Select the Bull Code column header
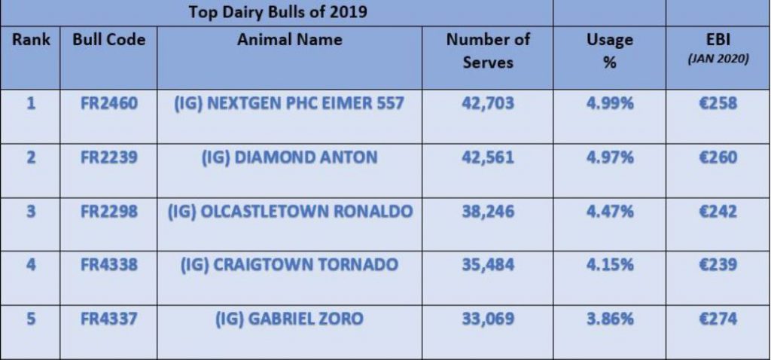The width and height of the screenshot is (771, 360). tap(108, 39)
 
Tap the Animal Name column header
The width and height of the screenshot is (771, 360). tap(289, 39)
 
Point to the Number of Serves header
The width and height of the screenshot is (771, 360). tap(487, 50)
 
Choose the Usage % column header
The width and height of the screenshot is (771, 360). tap(609, 50)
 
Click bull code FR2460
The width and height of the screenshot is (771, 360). tap(108, 103)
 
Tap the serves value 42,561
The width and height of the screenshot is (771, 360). tap(487, 157)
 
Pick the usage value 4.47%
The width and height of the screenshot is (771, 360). tap(609, 212)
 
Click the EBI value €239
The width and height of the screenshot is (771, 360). tap(718, 265)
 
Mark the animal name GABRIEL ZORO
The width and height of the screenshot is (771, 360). tap(289, 319)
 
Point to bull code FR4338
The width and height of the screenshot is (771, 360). tap(108, 265)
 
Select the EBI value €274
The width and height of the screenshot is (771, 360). tap(718, 319)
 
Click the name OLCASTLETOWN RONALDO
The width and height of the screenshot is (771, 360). tap(289, 212)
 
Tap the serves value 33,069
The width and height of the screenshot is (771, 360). tap(487, 319)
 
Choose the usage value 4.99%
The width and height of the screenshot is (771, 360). tap(609, 103)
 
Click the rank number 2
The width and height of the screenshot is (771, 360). tap(30, 157)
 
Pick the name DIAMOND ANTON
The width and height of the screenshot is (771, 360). tap(289, 157)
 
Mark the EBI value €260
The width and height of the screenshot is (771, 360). tap(718, 157)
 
